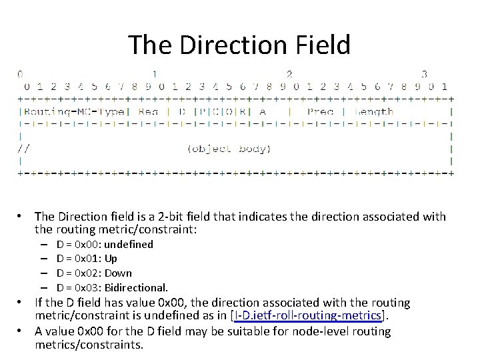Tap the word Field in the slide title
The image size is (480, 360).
321,45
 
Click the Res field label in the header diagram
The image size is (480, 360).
148,111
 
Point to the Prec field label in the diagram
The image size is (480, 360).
321,111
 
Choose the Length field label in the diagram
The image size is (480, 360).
374,111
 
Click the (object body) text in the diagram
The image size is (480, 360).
229,148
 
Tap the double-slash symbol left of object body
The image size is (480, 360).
24,148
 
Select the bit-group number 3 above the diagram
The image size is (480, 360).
424,74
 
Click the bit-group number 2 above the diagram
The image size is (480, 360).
289,74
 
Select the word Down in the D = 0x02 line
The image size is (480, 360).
118,273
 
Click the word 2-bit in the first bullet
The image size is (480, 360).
157,217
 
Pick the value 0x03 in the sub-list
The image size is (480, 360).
89,287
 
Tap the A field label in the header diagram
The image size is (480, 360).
263,111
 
